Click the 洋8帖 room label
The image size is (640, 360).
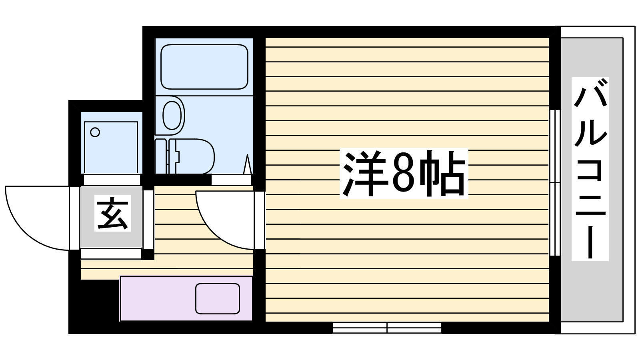403,174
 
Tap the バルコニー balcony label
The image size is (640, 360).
590,169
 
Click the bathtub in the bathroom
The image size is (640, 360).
204,66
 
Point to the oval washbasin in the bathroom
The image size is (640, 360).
172,115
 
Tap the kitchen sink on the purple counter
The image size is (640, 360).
217,298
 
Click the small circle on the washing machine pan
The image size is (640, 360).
95,132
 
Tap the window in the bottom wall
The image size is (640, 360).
387,328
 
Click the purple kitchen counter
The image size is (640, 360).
160,298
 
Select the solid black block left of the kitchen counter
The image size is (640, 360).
94,306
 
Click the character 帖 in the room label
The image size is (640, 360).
444,174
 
